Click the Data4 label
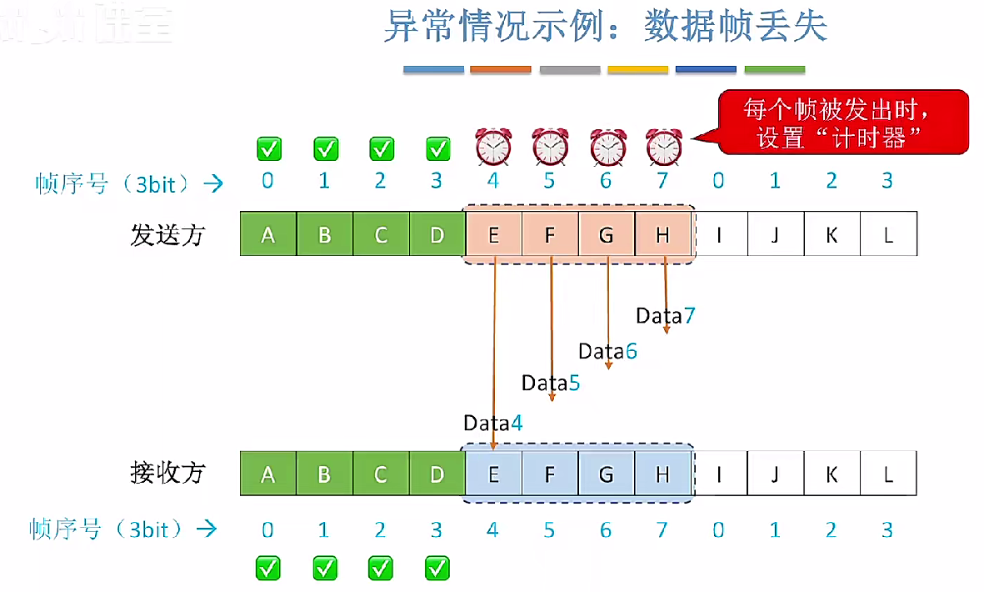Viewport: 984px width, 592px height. point(493,423)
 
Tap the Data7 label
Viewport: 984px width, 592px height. point(665,315)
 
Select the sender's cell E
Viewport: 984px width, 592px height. point(494,235)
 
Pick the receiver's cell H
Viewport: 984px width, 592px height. point(662,474)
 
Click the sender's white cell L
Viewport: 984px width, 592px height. point(888,235)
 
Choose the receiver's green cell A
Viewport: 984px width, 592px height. point(267,474)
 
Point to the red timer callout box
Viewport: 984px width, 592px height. point(842,123)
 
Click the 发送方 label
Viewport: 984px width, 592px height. point(167,235)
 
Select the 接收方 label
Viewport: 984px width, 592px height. point(167,474)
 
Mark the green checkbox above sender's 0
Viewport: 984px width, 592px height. point(268,149)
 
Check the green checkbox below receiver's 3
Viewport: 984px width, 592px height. point(437,569)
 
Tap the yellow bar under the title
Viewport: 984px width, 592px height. point(637,70)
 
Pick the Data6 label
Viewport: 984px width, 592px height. point(608,351)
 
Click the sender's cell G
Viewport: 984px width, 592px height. point(607,235)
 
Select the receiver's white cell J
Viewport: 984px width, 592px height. point(775,474)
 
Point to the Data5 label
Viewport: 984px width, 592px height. point(551,383)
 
